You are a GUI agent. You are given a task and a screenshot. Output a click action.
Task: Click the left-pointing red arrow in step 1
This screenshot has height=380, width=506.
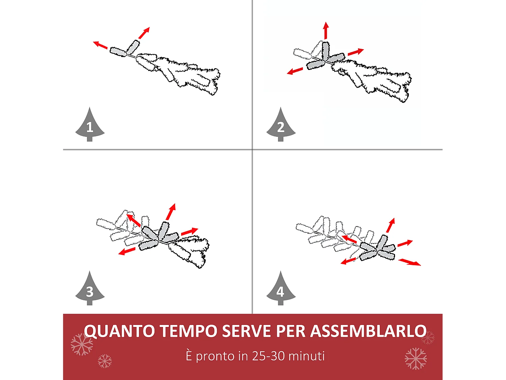coord(100,45)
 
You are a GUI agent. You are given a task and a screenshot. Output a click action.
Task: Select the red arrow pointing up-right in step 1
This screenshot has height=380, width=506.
coord(144,33)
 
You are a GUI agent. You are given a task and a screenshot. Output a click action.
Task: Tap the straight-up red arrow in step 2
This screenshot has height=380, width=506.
coord(326,31)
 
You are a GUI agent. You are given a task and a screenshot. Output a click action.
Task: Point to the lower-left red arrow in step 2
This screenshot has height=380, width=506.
coord(295,71)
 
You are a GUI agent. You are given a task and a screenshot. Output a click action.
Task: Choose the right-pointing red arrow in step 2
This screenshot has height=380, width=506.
coord(356,52)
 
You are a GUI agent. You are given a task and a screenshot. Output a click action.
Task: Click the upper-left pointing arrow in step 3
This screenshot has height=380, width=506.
coord(134,220)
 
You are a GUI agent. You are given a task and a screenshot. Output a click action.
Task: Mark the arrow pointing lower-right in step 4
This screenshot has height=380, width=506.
coord(410,262)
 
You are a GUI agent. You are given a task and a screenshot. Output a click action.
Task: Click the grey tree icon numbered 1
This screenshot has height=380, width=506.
coord(90,125)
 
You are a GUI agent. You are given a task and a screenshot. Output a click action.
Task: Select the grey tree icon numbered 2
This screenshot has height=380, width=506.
coord(281,125)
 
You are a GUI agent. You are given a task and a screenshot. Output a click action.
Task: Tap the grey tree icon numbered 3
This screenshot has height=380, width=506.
coord(90,289)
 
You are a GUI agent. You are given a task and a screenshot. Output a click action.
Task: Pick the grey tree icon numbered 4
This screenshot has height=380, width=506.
coord(281,289)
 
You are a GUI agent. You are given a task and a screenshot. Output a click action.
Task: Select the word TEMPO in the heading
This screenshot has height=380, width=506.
coord(189,331)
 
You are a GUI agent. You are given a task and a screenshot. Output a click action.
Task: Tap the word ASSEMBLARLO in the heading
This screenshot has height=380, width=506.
coord(368,331)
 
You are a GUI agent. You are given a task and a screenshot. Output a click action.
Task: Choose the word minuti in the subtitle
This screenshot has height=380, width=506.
coord(307,356)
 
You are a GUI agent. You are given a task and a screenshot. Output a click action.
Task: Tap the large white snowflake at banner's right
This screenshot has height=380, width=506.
coord(416,358)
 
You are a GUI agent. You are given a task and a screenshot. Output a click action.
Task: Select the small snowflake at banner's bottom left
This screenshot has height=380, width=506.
coord(105,361)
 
